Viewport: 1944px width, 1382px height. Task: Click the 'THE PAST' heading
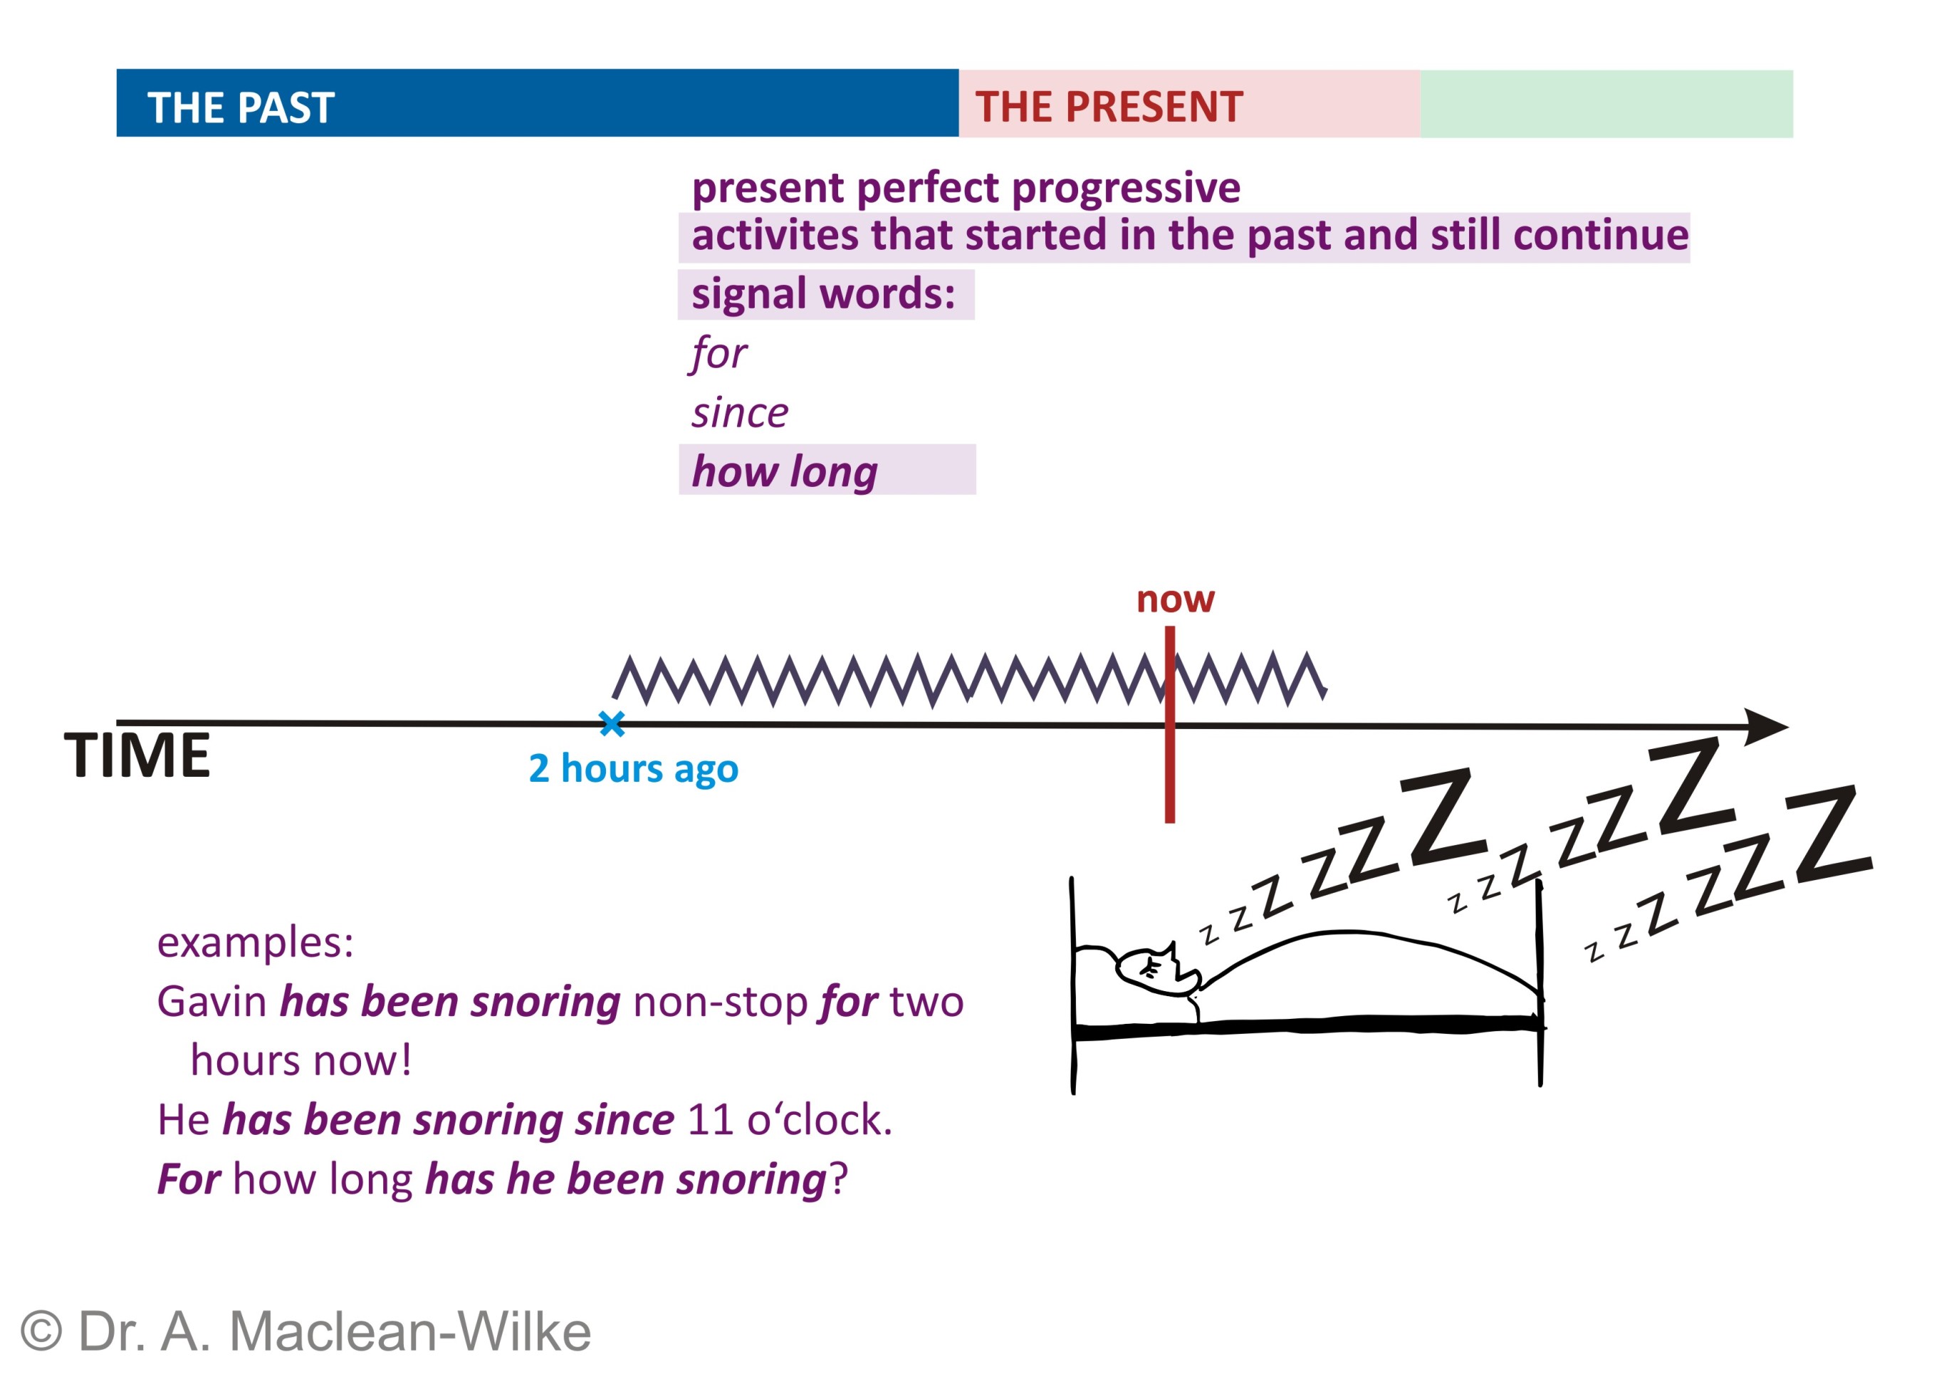pyautogui.click(x=241, y=108)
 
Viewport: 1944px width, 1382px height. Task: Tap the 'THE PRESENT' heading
pyautogui.click(x=1109, y=108)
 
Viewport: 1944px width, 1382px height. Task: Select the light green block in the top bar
pyautogui.click(x=1606, y=104)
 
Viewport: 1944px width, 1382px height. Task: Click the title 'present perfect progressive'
pyautogui.click(x=966, y=187)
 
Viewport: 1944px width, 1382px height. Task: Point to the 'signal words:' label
pyautogui.click(x=823, y=295)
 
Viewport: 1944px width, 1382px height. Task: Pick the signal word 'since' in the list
pyautogui.click(x=740, y=413)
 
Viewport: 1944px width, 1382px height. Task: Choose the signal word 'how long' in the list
pyautogui.click(x=784, y=471)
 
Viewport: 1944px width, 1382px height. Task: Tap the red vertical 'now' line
pyautogui.click(x=1169, y=724)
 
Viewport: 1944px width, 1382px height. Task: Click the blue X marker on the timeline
pyautogui.click(x=611, y=723)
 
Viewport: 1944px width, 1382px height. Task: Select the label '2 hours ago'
pyautogui.click(x=633, y=768)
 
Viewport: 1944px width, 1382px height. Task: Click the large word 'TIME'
pyautogui.click(x=137, y=755)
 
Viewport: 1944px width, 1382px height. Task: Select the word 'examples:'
pyautogui.click(x=256, y=943)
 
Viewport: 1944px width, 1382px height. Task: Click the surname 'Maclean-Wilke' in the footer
pyautogui.click(x=410, y=1331)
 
